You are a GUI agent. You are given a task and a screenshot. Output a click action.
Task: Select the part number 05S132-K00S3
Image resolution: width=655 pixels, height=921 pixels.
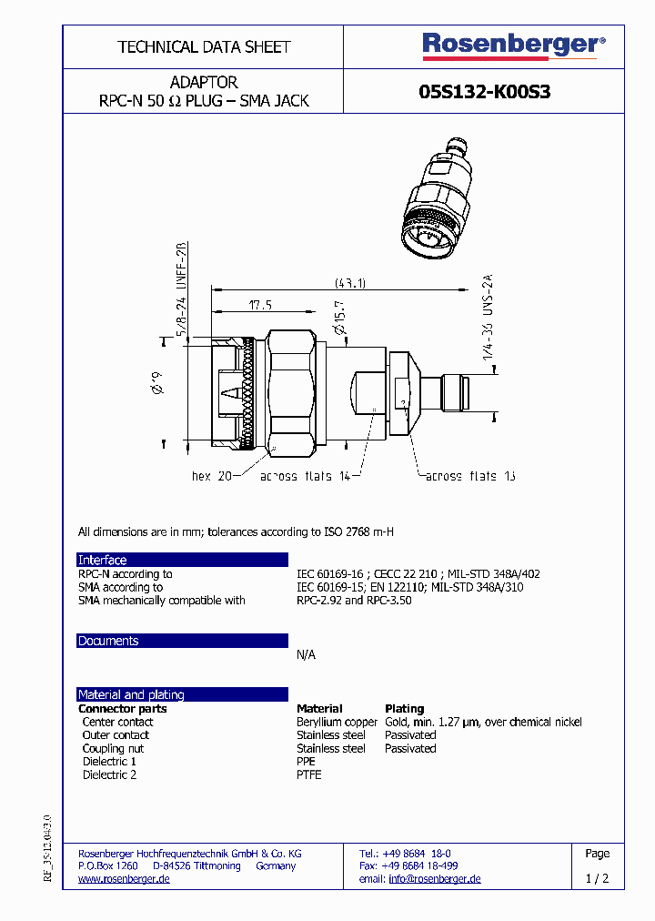click(484, 92)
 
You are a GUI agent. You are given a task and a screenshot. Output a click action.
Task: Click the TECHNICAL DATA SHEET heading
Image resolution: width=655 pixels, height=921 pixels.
click(204, 46)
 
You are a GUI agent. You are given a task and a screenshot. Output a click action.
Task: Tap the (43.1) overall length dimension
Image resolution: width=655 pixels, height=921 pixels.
click(349, 283)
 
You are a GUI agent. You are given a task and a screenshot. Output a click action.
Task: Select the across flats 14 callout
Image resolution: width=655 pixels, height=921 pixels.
click(306, 476)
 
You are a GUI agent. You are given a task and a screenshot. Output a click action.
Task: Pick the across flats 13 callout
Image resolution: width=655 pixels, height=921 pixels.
click(470, 476)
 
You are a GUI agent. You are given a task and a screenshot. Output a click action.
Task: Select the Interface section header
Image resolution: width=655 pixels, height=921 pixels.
click(102, 560)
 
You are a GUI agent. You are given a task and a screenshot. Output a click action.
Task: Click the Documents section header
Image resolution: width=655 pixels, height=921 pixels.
click(108, 641)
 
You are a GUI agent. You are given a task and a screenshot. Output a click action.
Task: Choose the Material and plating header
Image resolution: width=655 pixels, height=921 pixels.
click(131, 694)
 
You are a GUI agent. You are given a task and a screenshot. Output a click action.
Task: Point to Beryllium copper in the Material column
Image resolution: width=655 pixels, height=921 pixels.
click(337, 722)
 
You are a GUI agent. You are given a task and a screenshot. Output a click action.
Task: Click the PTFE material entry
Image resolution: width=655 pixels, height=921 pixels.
click(308, 774)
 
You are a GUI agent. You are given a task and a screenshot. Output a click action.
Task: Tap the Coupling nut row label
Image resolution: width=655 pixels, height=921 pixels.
click(113, 748)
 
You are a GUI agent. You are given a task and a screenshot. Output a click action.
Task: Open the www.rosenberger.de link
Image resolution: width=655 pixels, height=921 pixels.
click(124, 879)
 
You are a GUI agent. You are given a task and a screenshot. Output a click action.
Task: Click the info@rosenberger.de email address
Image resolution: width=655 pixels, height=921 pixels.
click(434, 879)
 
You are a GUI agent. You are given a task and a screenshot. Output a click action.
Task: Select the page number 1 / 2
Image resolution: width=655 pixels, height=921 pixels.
click(597, 879)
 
